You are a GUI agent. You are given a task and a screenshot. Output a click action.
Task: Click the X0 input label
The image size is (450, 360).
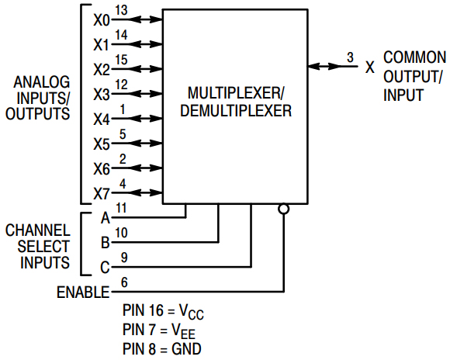tap(101, 19)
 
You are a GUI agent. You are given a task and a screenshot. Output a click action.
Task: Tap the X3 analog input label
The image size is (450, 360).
tap(101, 95)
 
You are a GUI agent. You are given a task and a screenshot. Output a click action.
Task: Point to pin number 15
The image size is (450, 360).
tap(121, 59)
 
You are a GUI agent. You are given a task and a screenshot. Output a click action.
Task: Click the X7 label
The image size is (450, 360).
tap(101, 194)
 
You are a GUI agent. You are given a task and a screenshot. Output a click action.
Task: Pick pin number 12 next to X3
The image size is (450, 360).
tap(121, 84)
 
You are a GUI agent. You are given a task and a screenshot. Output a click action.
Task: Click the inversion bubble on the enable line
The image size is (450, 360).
tap(284, 209)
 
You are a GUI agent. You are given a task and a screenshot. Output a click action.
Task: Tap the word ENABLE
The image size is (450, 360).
tap(83, 292)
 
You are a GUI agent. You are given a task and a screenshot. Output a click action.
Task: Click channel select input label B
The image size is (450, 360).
tap(106, 243)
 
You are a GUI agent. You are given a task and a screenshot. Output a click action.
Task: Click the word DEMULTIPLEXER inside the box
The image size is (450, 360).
tap(236, 111)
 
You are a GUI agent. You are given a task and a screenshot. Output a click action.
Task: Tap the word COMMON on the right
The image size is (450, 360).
tap(415, 57)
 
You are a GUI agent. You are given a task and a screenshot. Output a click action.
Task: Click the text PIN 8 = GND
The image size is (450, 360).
tap(162, 349)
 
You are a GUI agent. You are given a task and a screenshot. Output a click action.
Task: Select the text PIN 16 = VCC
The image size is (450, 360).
tap(163, 312)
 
